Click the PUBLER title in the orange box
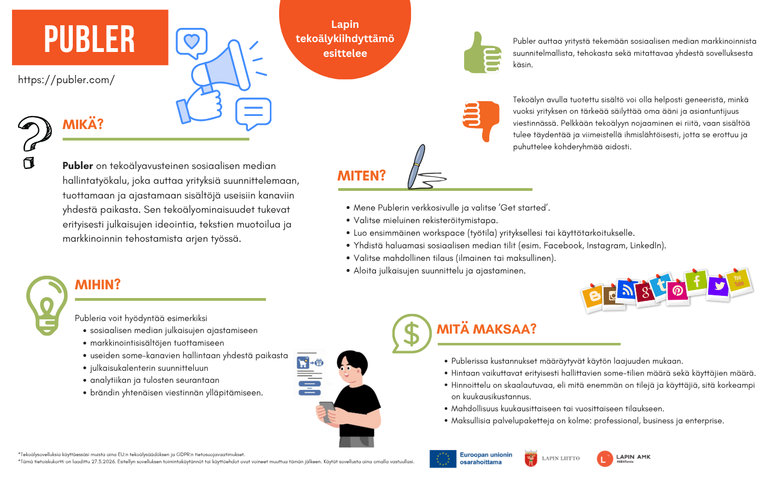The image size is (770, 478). pyautogui.click(x=90, y=38)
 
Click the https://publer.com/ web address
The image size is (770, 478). pyautogui.click(x=66, y=80)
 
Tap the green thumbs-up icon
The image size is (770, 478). pyautogui.click(x=482, y=54)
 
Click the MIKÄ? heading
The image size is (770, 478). pyautogui.click(x=83, y=125)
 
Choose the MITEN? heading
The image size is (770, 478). pyautogui.click(x=362, y=176)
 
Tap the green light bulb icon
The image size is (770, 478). pyautogui.click(x=47, y=304)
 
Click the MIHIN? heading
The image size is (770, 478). pyautogui.click(x=98, y=285)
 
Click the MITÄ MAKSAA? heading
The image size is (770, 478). pyautogui.click(x=487, y=329)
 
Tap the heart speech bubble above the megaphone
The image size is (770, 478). pyautogui.click(x=192, y=42)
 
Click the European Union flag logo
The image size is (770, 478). pyautogui.click(x=443, y=459)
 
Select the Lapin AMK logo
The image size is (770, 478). pyautogui.click(x=605, y=458)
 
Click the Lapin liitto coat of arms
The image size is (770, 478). pyautogui.click(x=531, y=458)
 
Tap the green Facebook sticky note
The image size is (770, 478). pyautogui.click(x=697, y=282)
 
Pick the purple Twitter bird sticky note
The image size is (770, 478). pyautogui.click(x=719, y=287)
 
